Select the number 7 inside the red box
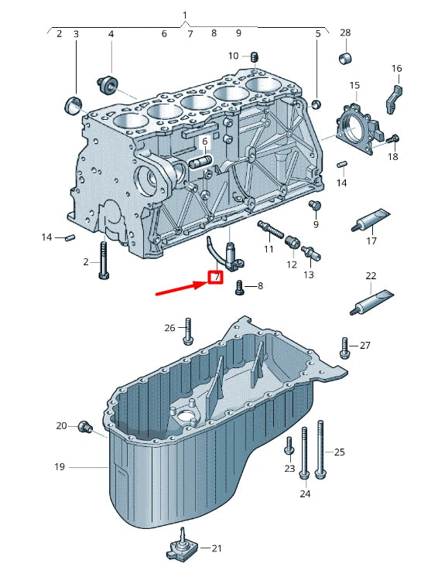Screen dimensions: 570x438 click(x=216, y=277)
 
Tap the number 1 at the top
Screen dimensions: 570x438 click(x=185, y=15)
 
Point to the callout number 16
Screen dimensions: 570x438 click(x=396, y=69)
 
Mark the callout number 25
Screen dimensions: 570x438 click(x=340, y=452)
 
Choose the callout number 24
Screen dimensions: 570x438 click(x=305, y=493)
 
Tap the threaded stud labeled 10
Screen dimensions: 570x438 click(x=254, y=56)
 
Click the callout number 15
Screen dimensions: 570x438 click(x=354, y=85)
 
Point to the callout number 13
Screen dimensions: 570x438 click(x=309, y=275)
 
